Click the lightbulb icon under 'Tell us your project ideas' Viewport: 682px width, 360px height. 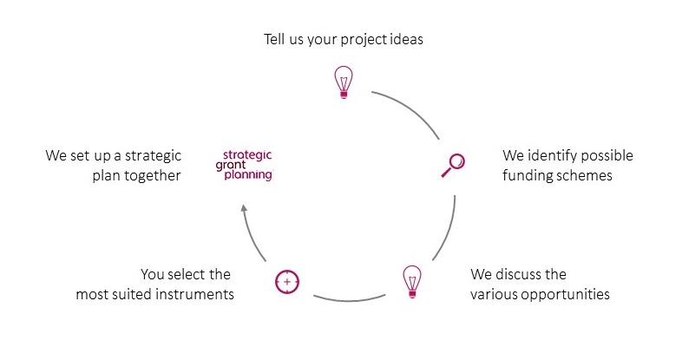pyautogui.click(x=344, y=82)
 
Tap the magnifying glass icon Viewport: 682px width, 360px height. pyautogui.click(x=453, y=165)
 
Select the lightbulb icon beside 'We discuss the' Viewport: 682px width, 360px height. pyautogui.click(x=412, y=282)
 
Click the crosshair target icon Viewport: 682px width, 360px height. pyautogui.click(x=287, y=282)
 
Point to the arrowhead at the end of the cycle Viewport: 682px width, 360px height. pyautogui.click(x=244, y=208)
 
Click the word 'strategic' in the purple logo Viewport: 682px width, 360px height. pyautogui.click(x=247, y=155)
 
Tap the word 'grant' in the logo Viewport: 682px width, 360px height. pyautogui.click(x=231, y=165)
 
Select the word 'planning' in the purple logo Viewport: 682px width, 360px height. pyautogui.click(x=248, y=174)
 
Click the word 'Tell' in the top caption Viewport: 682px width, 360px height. pyautogui.click(x=274, y=39)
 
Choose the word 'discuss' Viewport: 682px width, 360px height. pyautogui.click(x=518, y=274)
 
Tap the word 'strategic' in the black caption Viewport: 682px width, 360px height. pyautogui.click(x=153, y=156)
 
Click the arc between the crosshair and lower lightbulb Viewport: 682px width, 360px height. pyautogui.click(x=350, y=300)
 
